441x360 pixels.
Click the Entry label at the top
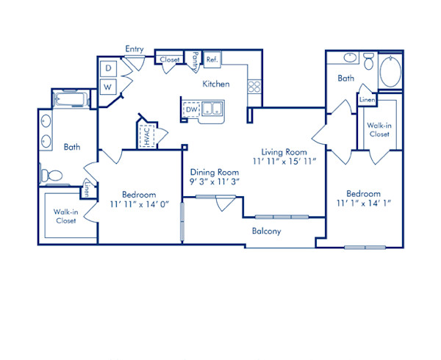tap(134, 48)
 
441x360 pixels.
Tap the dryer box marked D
tap(107, 68)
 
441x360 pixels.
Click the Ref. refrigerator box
tap(212, 59)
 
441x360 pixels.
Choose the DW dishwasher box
tap(191, 110)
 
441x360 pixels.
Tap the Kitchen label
tap(216, 84)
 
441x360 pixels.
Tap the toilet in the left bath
tap(50, 176)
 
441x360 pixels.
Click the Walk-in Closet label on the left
tap(65, 217)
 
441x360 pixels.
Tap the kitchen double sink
tap(214, 110)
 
